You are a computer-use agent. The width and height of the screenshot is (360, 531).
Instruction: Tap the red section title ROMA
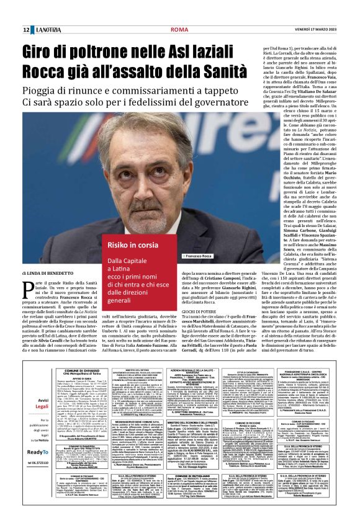[x=143, y=30]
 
